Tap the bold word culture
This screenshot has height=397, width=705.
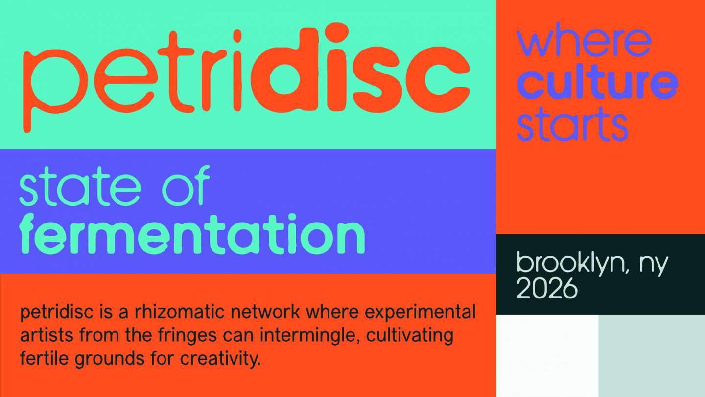597,82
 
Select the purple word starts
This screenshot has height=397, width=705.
572,124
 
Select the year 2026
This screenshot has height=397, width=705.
547,289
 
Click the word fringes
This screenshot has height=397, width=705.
188,336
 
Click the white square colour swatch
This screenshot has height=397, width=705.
547,356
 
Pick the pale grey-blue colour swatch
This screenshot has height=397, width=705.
652,356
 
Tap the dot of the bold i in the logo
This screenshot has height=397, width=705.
336,32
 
